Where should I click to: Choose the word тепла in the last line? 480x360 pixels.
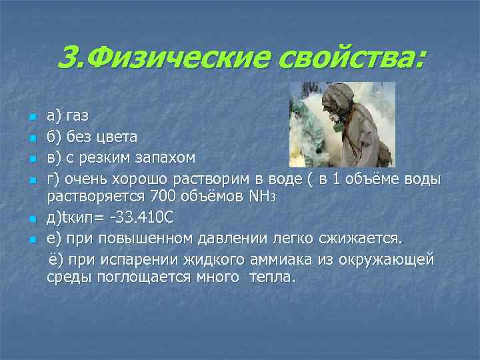pos(271,277)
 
